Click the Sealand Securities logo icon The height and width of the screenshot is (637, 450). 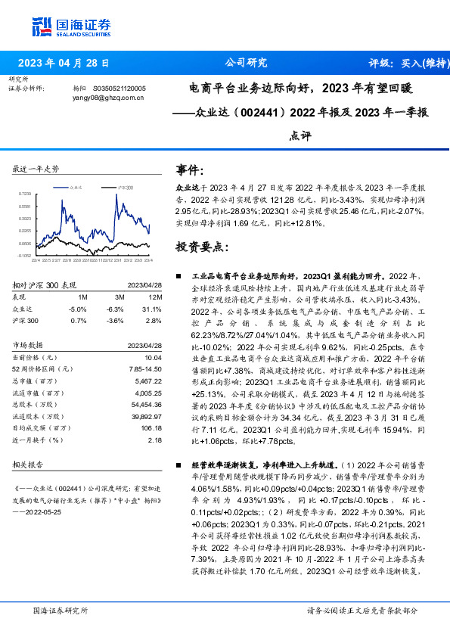pyautogui.click(x=41, y=26)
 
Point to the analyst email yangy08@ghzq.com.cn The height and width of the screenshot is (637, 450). pyautogui.click(x=108, y=98)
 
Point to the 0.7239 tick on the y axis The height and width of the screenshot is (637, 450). pyautogui.click(x=25, y=194)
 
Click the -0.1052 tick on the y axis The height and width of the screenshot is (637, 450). pyautogui.click(x=25, y=256)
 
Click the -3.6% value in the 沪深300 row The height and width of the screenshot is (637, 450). pyautogui.click(x=114, y=321)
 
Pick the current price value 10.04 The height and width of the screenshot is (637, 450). pyautogui.click(x=153, y=356)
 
